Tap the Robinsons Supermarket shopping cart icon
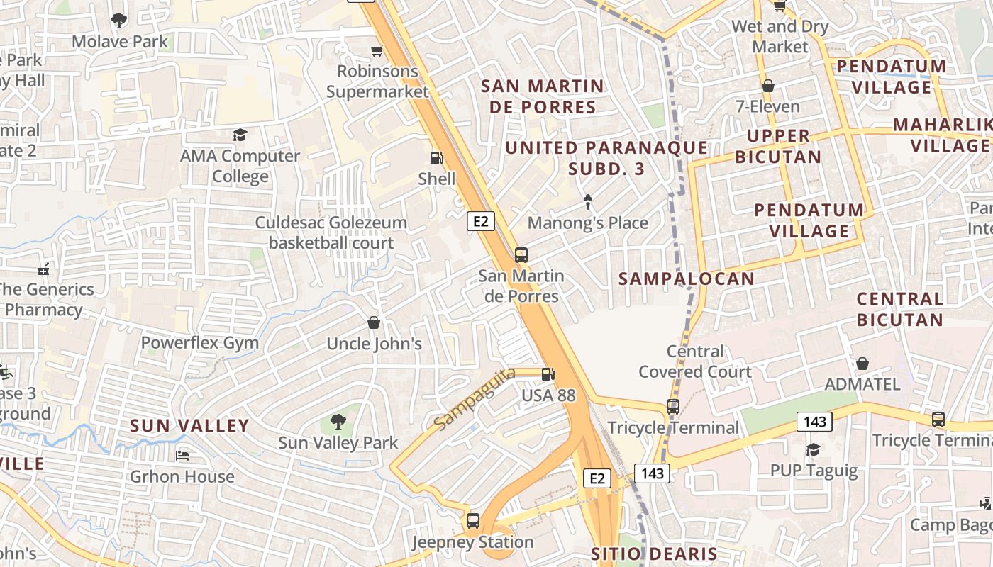(377, 50)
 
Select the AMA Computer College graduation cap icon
(240, 135)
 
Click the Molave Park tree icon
(119, 21)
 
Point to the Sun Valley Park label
(338, 443)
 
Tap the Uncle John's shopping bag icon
(374, 323)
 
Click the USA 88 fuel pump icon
(548, 374)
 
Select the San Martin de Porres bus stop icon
(521, 255)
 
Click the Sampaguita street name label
(475, 398)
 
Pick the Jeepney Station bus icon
(473, 521)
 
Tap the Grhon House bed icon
(182, 456)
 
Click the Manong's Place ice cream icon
(588, 202)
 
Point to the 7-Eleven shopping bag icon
(767, 86)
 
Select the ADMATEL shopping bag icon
(862, 364)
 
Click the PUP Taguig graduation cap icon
(813, 449)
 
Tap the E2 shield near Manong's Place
(481, 222)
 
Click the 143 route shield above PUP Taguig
(814, 422)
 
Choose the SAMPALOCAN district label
(687, 279)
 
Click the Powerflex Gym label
(199, 343)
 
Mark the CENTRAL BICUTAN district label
(899, 309)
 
